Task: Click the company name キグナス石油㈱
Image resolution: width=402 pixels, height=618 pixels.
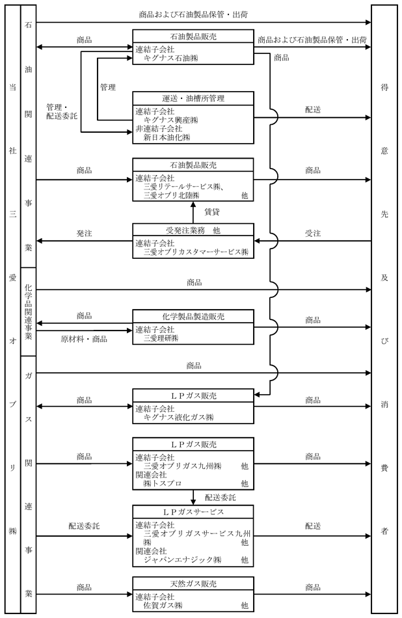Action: tap(170, 59)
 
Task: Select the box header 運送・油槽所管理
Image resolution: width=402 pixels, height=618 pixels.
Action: tap(193, 98)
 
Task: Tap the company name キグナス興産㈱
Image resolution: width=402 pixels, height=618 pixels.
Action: tap(170, 120)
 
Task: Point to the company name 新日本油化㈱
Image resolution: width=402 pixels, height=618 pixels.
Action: tap(167, 137)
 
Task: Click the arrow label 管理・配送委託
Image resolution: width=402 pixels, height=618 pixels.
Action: tap(62, 111)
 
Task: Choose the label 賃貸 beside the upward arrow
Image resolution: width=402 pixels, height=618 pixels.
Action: tap(211, 212)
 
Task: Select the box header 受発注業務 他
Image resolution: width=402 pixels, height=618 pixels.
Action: tap(193, 230)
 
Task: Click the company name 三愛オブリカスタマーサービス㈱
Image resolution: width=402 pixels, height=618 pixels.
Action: tap(196, 252)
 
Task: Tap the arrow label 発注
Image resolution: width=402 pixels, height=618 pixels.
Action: tap(84, 234)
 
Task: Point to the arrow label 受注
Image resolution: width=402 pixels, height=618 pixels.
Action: tap(312, 234)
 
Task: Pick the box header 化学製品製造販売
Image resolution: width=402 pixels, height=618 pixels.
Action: tap(193, 317)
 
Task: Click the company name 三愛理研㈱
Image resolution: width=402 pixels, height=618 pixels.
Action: tap(161, 338)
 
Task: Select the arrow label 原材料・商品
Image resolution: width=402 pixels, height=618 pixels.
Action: tap(84, 339)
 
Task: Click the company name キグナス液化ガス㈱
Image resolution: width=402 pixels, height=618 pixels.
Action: tap(178, 418)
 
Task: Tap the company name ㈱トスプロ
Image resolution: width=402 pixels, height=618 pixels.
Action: tap(163, 483)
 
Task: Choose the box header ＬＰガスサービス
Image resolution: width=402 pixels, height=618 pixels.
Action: tap(193, 512)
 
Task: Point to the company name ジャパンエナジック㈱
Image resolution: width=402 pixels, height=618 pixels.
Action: tap(183, 559)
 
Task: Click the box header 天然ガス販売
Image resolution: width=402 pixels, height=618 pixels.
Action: tap(193, 584)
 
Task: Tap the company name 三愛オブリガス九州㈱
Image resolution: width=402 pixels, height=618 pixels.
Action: tap(183, 466)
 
